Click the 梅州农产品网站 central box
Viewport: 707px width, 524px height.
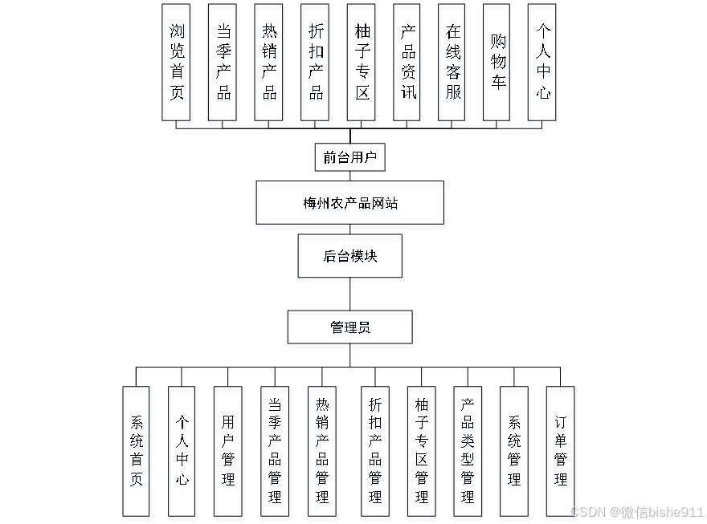[x=349, y=202]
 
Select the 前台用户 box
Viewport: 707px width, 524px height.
[x=349, y=157]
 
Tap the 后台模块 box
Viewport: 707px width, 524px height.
[x=349, y=256]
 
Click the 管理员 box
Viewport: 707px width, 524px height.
[x=349, y=327]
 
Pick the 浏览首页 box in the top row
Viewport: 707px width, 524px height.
[x=176, y=62]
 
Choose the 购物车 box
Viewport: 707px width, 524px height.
[x=498, y=62]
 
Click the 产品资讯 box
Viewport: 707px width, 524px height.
[x=407, y=62]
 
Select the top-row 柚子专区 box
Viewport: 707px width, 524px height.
[x=362, y=62]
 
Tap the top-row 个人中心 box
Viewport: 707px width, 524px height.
[x=542, y=62]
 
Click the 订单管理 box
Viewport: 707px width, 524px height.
[x=560, y=450]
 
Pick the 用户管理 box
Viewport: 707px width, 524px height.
[x=227, y=450]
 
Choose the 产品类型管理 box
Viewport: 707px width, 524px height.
[x=467, y=450]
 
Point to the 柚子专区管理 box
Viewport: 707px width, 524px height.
[x=421, y=450]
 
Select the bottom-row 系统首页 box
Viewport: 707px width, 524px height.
[x=136, y=450]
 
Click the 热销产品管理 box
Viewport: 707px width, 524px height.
[x=321, y=450]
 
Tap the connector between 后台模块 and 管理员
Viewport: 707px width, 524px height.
[x=349, y=294]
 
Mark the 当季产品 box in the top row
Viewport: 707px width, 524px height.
[x=223, y=62]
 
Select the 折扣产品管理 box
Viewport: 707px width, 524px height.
[x=374, y=450]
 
